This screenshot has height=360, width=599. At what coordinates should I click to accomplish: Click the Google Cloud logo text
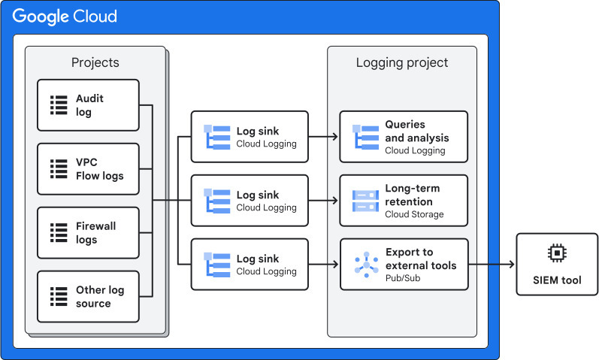click(65, 16)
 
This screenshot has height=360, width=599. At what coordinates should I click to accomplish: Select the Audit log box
click(88, 105)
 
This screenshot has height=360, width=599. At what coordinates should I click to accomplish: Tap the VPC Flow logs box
click(88, 169)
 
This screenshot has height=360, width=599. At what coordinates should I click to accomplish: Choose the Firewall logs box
click(88, 233)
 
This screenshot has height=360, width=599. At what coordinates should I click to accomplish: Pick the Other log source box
click(88, 297)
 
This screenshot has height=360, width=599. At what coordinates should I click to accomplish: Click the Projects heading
click(95, 62)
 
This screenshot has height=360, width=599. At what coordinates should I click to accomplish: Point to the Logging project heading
click(401, 62)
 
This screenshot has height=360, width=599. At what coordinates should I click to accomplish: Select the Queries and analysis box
click(403, 137)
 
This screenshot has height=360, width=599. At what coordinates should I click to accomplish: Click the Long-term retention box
click(403, 201)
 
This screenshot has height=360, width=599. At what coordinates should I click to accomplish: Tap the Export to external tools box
click(403, 265)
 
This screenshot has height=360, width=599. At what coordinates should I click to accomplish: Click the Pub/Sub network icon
click(366, 265)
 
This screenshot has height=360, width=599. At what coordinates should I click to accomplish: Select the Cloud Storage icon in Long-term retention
click(366, 201)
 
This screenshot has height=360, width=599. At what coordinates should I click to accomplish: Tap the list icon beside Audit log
click(59, 105)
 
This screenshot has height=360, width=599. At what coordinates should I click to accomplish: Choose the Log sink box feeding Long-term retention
click(251, 201)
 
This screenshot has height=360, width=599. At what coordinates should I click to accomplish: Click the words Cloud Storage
click(414, 214)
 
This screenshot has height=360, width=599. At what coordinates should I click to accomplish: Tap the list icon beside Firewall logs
click(59, 233)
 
